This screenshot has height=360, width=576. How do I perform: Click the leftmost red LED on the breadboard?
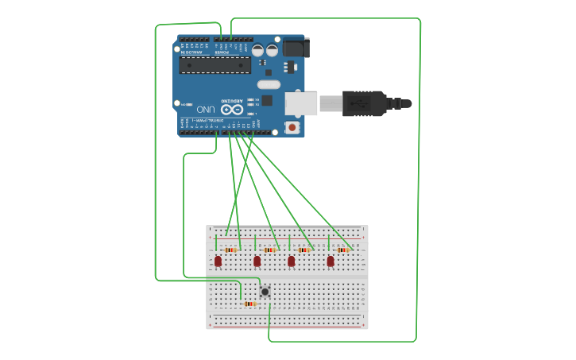(x=218, y=261)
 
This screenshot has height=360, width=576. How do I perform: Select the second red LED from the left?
(x=257, y=261)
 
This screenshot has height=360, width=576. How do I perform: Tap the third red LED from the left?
(x=292, y=261)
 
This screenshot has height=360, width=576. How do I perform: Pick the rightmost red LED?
(x=331, y=261)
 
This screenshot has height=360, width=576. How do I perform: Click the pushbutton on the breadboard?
(x=265, y=292)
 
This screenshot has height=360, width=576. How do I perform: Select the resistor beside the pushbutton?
(x=250, y=304)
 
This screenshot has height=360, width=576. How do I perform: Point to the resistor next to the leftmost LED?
(x=231, y=250)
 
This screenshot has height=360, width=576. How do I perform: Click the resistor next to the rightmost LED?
(x=343, y=250)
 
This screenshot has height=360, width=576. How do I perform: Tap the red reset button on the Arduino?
(x=292, y=127)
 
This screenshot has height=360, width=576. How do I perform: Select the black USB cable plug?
(x=365, y=103)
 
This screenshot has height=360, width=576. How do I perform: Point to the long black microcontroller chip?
(x=215, y=65)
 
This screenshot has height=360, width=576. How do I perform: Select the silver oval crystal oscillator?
(x=269, y=84)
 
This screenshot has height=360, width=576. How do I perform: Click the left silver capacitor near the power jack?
(x=259, y=51)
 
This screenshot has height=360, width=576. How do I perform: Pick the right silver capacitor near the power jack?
(x=273, y=51)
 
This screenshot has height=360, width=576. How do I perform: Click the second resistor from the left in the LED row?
(x=270, y=250)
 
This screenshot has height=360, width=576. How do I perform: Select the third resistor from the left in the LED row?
(x=305, y=250)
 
